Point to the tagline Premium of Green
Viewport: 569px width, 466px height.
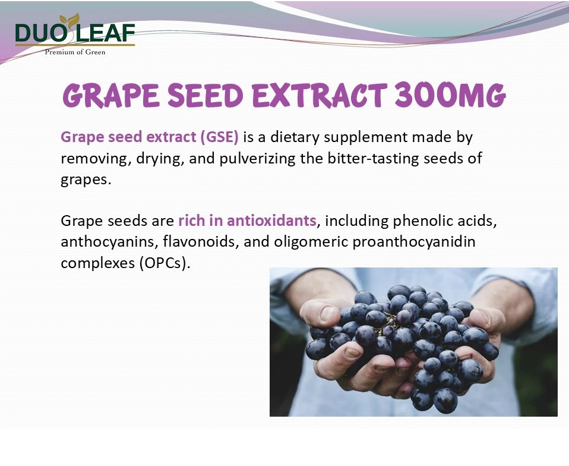[75, 52]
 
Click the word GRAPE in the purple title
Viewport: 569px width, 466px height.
[111, 96]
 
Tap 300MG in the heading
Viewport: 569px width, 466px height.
[450, 96]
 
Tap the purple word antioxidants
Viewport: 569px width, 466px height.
[271, 221]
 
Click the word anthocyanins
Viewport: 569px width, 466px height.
[108, 242]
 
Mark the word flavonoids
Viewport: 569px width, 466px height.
[200, 241]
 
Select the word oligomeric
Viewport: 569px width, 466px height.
[311, 242]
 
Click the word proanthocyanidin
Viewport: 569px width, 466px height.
[414, 242]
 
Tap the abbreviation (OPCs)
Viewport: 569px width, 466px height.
[165, 263]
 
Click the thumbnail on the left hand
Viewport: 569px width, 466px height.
[327, 313]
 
